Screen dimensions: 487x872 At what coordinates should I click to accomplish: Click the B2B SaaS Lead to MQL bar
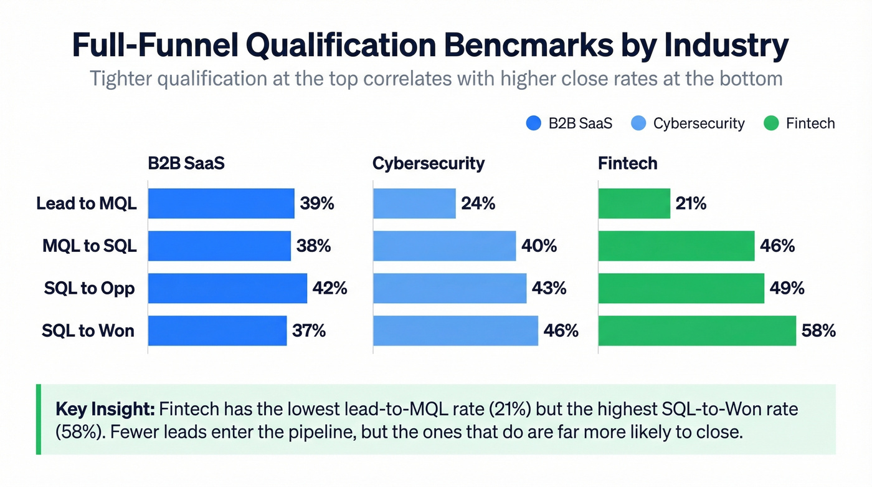click(221, 203)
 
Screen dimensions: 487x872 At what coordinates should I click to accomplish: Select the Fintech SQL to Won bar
click(697, 330)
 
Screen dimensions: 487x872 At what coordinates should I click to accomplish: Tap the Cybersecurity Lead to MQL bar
click(414, 203)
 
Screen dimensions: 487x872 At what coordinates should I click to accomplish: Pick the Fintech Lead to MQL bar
click(634, 203)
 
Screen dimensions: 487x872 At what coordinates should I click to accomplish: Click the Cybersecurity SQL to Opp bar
click(450, 288)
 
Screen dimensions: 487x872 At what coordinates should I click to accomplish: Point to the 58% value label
click(818, 330)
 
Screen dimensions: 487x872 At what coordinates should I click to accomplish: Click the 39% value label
click(316, 203)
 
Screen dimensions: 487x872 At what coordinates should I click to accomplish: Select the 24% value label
click(478, 203)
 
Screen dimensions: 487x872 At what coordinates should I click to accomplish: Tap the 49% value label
click(787, 288)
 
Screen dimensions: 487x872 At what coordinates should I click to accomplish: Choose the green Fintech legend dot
click(771, 123)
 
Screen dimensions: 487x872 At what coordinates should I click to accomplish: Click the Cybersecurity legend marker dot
click(638, 123)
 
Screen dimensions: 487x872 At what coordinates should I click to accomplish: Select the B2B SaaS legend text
click(581, 123)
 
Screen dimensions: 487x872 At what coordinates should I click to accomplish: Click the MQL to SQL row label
click(90, 246)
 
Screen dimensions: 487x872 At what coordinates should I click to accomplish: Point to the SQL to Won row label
click(88, 330)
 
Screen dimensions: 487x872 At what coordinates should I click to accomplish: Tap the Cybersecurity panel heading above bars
click(429, 163)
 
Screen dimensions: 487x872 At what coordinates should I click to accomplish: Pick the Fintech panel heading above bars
click(627, 163)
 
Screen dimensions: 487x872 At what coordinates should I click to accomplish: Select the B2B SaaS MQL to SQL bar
click(219, 246)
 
